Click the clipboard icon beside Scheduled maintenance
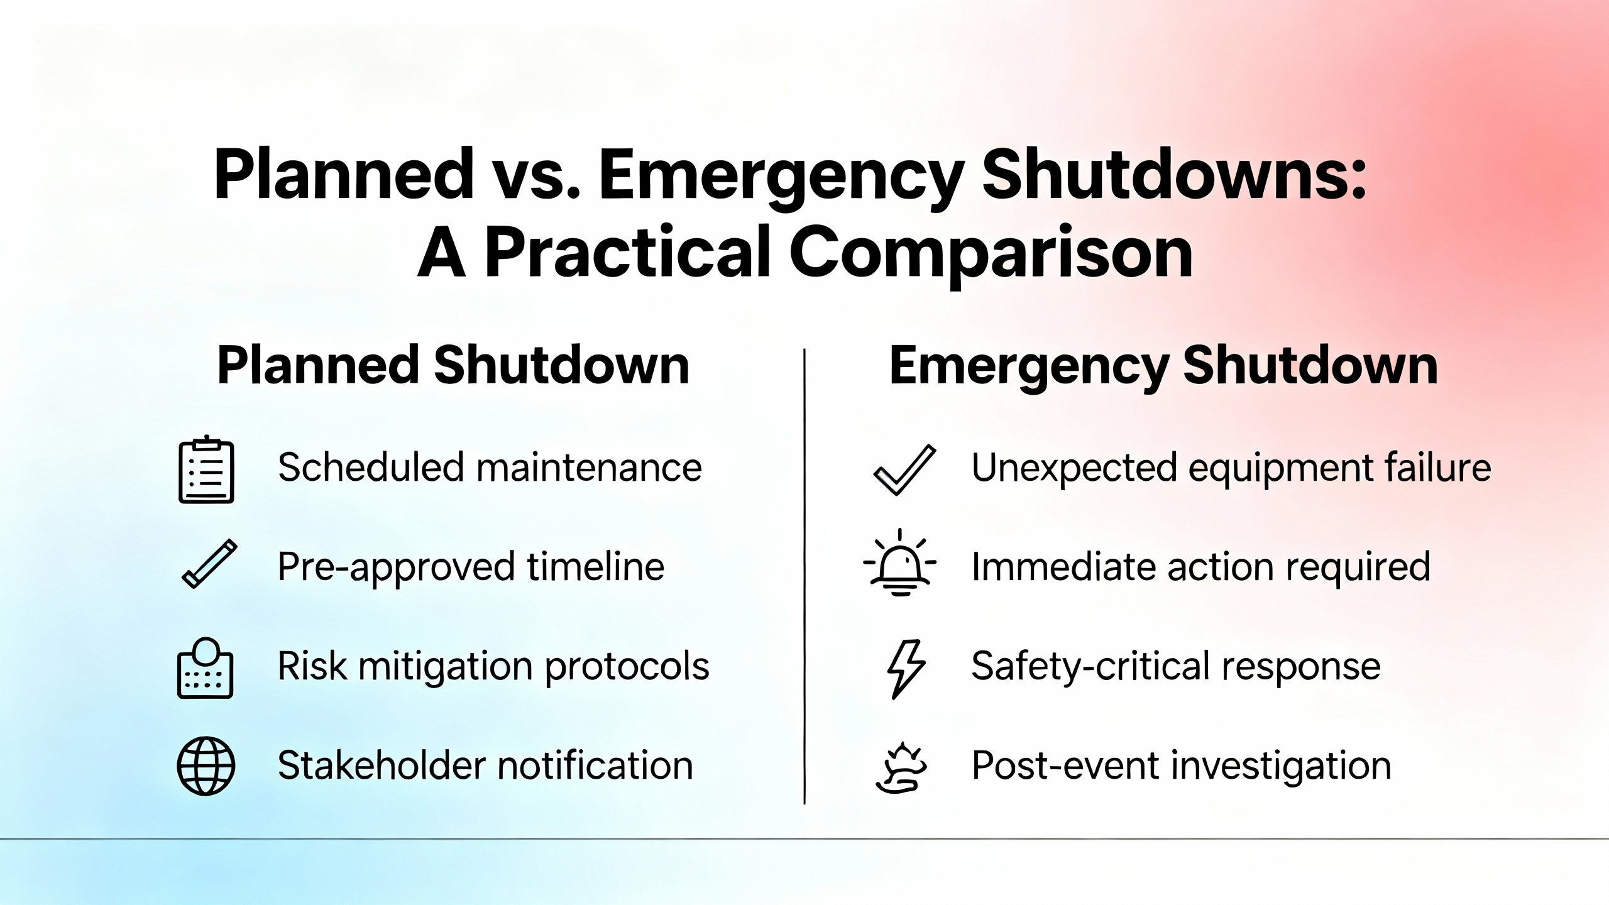tap(206, 469)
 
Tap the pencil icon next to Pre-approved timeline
tap(209, 564)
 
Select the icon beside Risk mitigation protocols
tap(206, 668)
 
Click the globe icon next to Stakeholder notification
tap(206, 766)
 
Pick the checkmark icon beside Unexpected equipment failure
tap(904, 470)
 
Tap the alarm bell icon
tap(900, 562)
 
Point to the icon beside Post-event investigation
tap(901, 767)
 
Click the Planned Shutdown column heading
tap(453, 365)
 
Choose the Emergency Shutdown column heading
tap(1163, 366)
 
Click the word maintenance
tap(589, 468)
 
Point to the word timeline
tap(595, 566)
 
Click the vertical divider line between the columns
tap(804, 576)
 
